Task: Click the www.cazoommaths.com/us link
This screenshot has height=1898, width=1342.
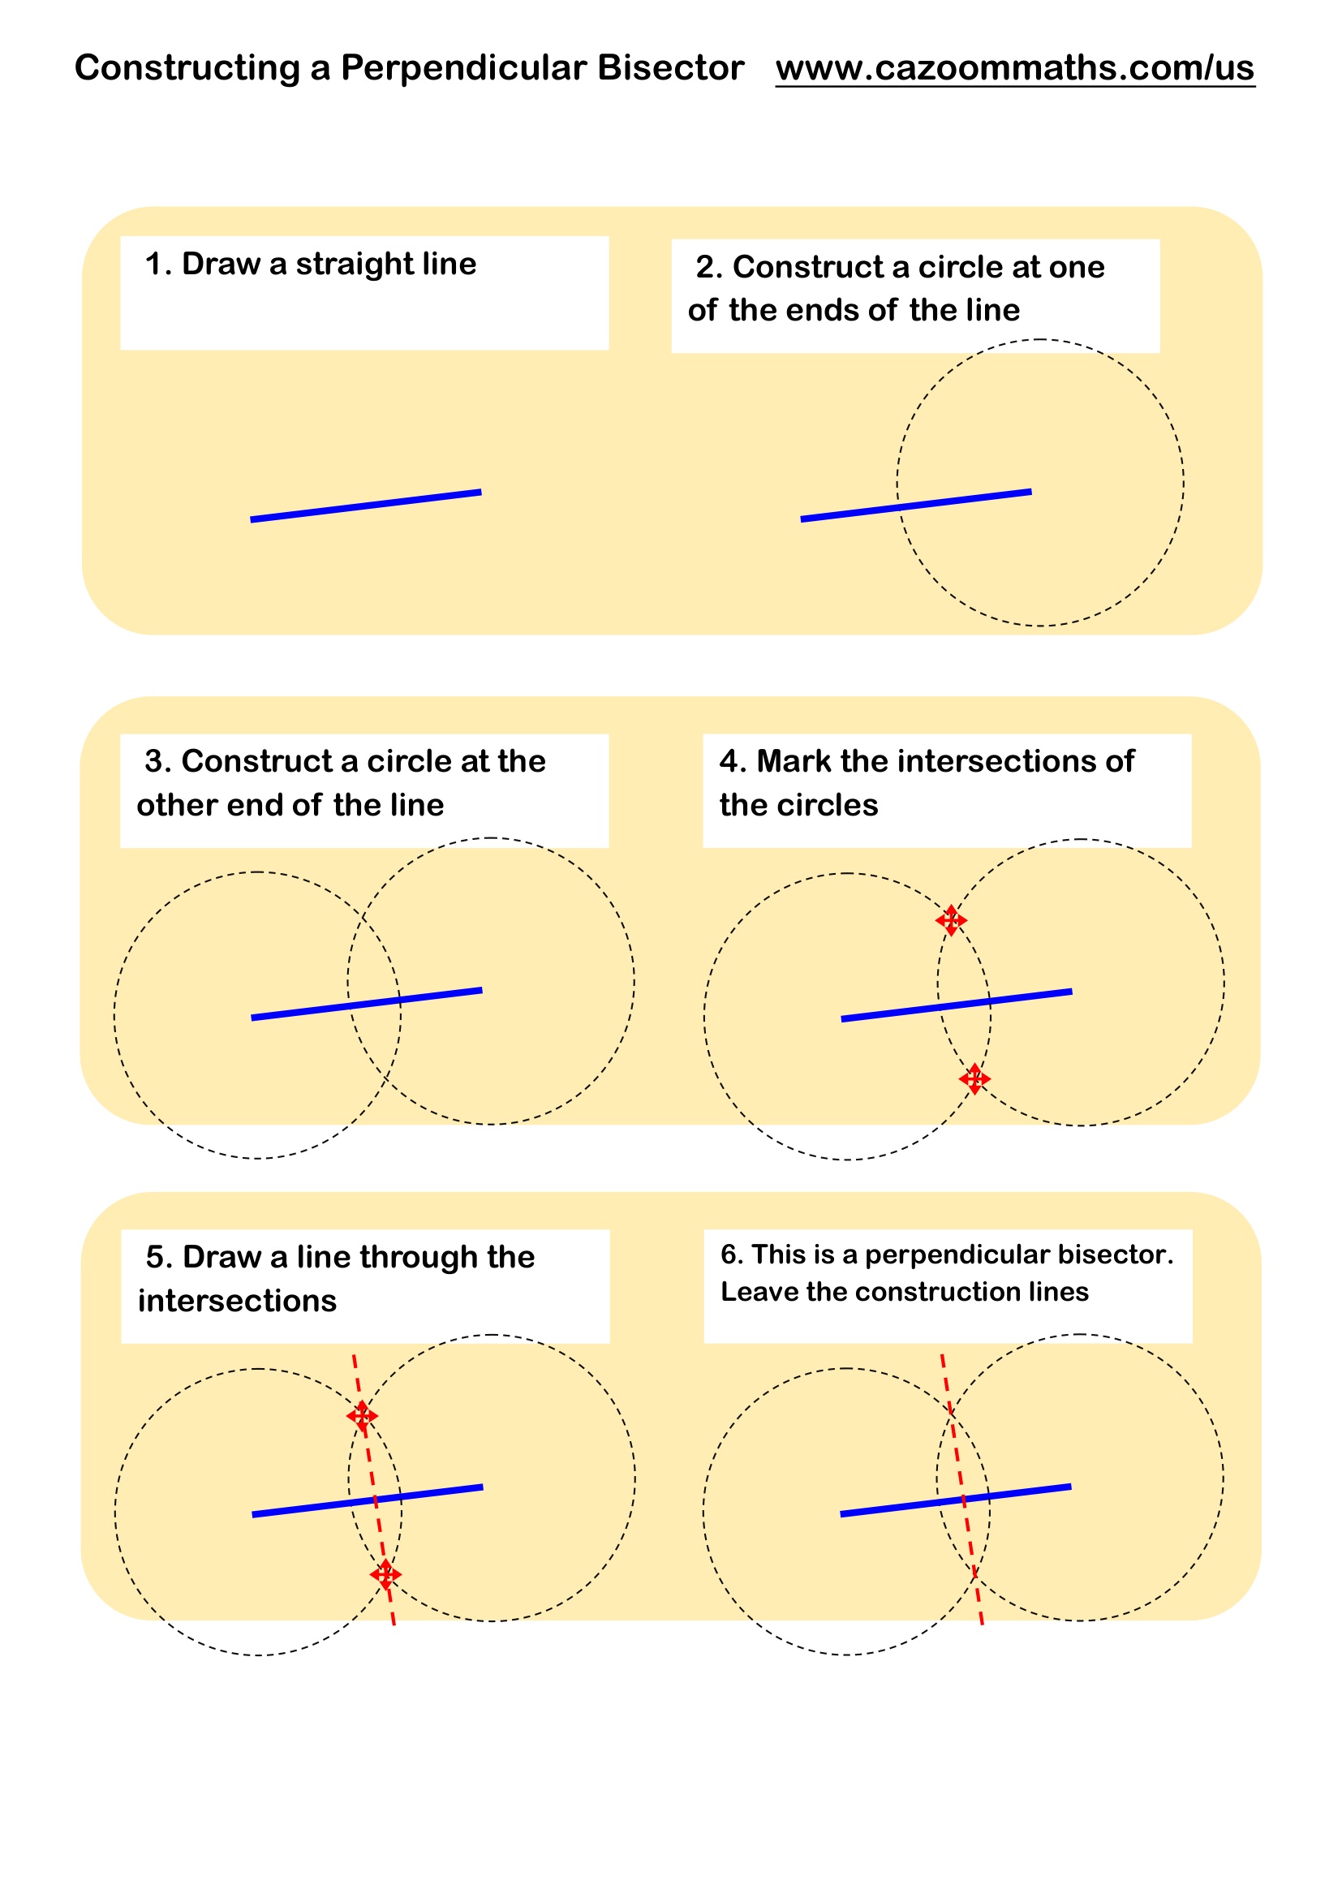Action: tap(1015, 68)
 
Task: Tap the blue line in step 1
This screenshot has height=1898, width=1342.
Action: tap(365, 506)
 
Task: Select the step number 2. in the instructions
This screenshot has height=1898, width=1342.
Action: tap(709, 267)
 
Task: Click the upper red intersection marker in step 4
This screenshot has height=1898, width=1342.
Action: tap(951, 920)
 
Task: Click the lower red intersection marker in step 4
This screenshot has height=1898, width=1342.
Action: tap(974, 1078)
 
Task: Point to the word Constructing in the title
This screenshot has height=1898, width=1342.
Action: tap(187, 68)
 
